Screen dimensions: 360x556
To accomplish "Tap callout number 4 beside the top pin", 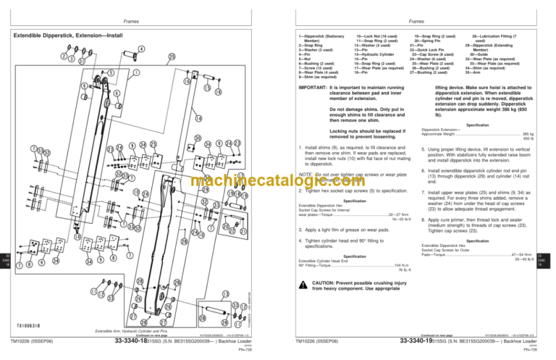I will pos(140,49).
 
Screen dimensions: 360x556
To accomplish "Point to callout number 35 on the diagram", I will pos(172,57).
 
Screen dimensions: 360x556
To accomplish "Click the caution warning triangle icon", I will pos(304,288).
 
